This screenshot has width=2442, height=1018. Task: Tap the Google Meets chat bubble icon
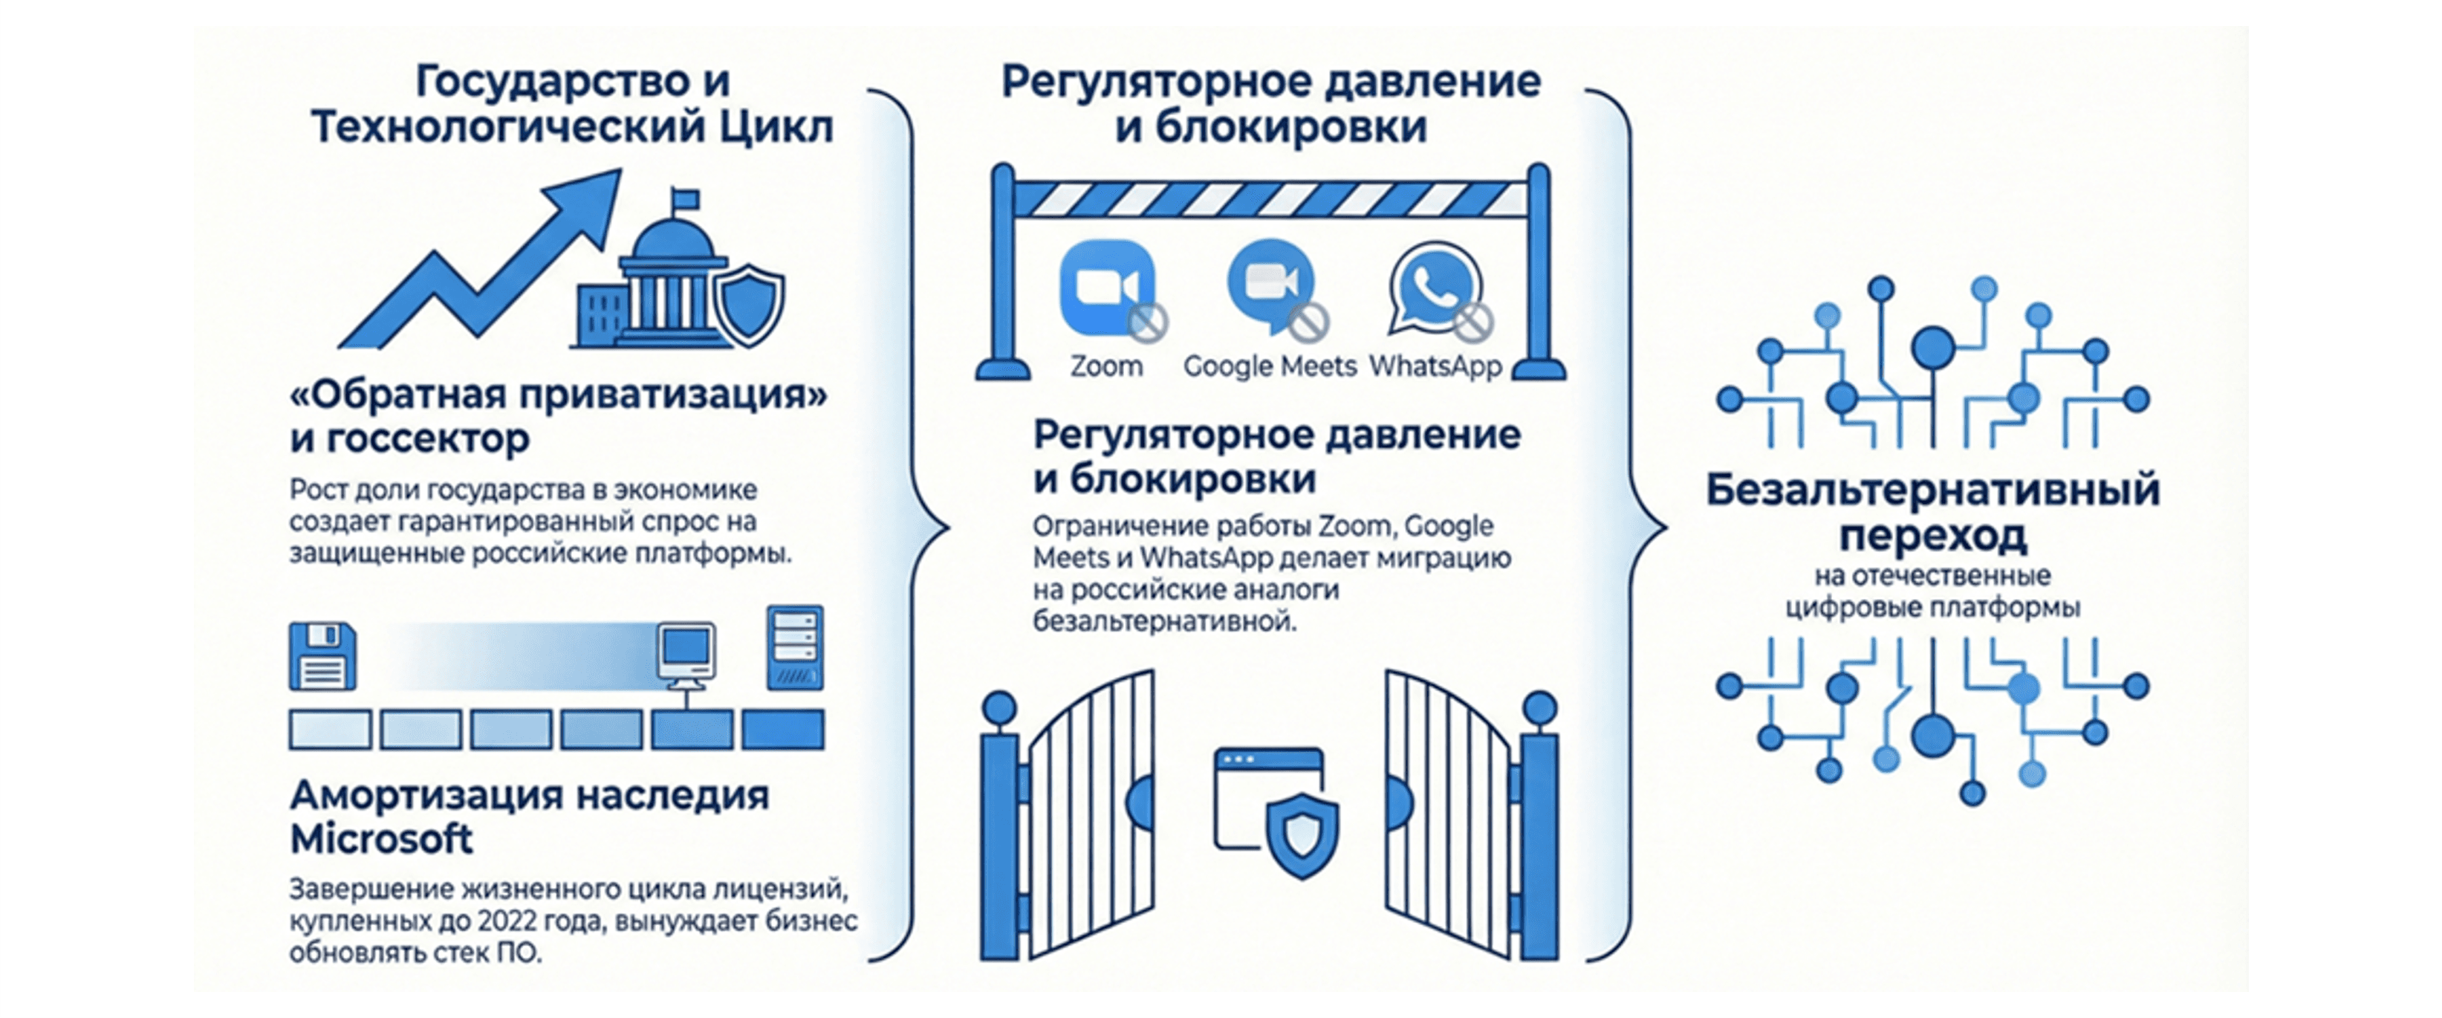point(1270,285)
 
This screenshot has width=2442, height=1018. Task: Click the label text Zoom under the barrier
point(1106,366)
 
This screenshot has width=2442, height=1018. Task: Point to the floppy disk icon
point(322,656)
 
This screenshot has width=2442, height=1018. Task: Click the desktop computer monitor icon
point(686,654)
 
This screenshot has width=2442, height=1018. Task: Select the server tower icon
point(794,647)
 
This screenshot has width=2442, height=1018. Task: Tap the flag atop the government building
point(684,199)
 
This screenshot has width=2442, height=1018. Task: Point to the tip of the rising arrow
point(616,175)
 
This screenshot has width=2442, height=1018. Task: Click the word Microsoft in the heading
point(381,839)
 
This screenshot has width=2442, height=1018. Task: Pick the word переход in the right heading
point(1933,536)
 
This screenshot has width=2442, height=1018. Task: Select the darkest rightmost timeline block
point(782,730)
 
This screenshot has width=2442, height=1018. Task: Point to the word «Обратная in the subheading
point(398,395)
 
